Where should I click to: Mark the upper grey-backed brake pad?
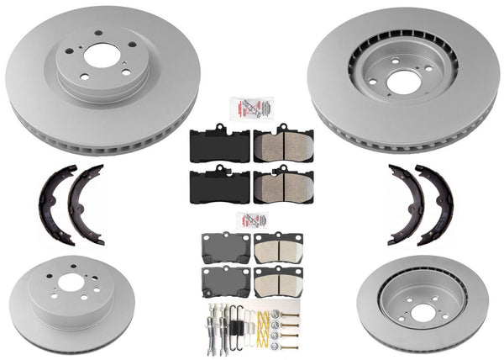pyautogui.click(x=225, y=247)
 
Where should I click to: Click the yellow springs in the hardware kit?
pyautogui.click(x=270, y=320)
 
